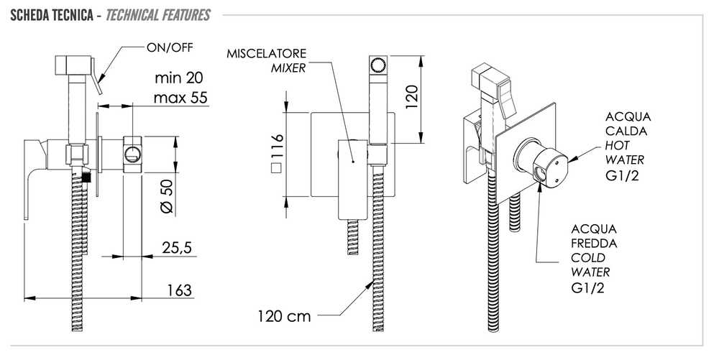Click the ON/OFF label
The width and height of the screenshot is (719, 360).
pos(170,47)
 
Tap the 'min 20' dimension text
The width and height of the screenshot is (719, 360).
pos(179,78)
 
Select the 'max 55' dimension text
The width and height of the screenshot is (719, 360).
pos(180,98)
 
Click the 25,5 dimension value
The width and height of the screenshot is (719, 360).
pos(177,248)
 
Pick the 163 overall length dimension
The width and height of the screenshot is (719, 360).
pos(179,290)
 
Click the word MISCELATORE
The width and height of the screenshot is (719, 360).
pos(266,54)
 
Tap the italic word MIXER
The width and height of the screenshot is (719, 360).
pos(288,68)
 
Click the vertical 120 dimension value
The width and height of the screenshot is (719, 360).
pos(412,96)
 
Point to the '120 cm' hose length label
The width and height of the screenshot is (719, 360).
pos(284,316)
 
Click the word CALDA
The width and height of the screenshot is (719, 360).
pos(626,131)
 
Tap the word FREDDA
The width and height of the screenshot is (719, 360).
pos(594,243)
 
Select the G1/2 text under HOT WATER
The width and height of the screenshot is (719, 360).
pos(622,175)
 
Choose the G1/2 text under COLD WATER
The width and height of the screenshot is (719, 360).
pos(588,288)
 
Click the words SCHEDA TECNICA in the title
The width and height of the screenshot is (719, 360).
pos(51,15)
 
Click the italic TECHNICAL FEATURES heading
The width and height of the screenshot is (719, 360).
pos(157,15)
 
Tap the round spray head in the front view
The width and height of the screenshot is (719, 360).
pos(378,65)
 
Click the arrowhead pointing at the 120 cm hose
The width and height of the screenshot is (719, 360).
pos(368,286)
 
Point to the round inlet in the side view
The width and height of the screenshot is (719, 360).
pos(132,154)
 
